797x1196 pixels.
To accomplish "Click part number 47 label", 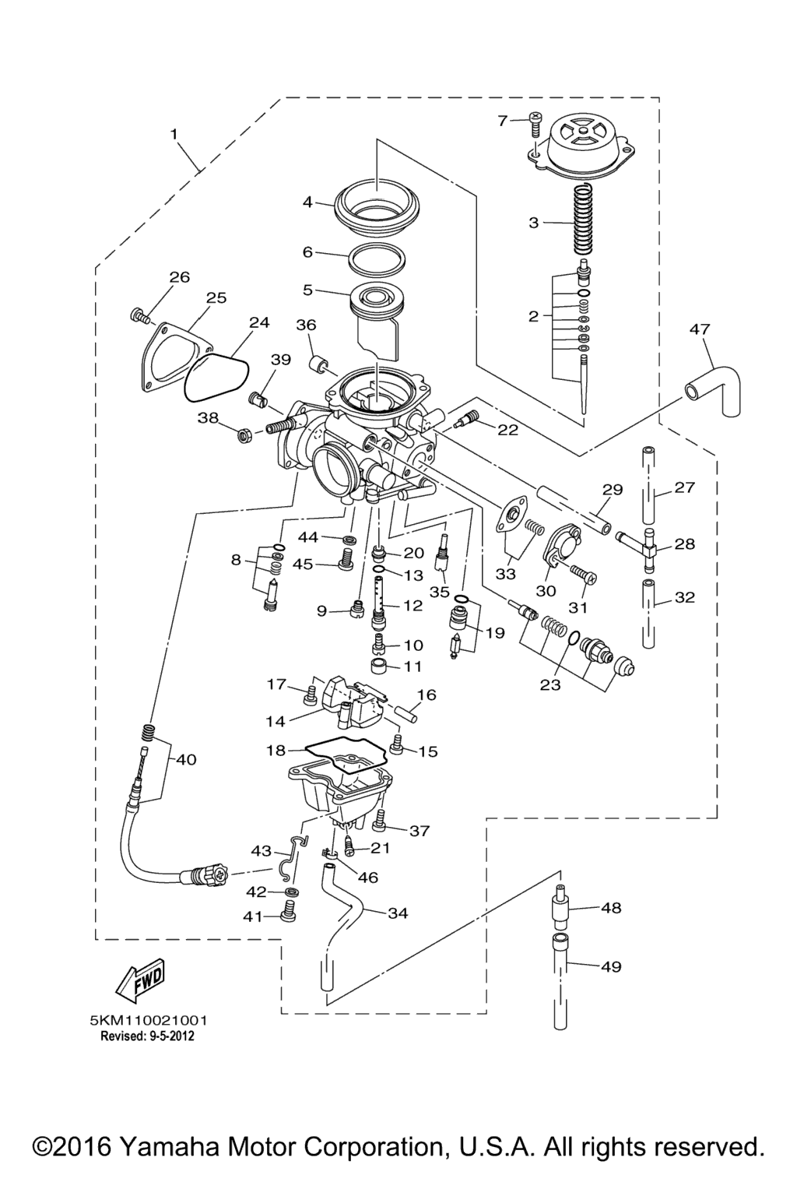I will (x=700, y=329).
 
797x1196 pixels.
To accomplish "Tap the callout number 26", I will (x=180, y=276).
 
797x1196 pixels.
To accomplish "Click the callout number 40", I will (x=186, y=759).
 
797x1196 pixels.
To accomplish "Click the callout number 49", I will (x=611, y=967).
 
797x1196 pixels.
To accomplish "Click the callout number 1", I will (x=174, y=134).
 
